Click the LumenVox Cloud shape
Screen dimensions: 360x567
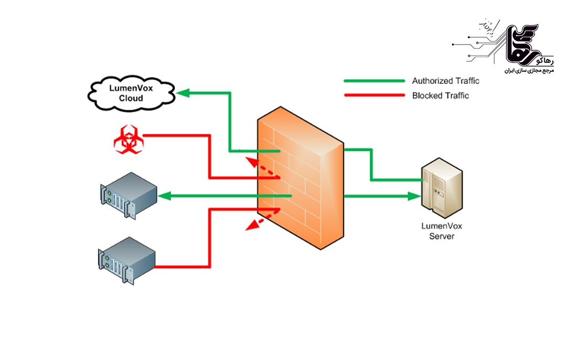(x=131, y=93)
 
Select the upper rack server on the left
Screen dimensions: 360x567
(x=129, y=195)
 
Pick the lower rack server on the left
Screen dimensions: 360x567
(x=127, y=260)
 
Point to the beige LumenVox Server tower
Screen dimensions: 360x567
(x=442, y=187)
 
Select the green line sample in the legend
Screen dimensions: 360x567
(x=374, y=81)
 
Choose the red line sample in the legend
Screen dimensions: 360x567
(x=374, y=96)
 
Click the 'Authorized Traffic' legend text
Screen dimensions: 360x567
(x=445, y=81)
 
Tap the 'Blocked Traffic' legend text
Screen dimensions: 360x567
(x=440, y=96)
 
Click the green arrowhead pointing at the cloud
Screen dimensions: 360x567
(x=182, y=93)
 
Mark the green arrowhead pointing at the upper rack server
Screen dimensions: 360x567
(x=164, y=196)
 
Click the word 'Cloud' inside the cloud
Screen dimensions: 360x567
(x=131, y=98)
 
